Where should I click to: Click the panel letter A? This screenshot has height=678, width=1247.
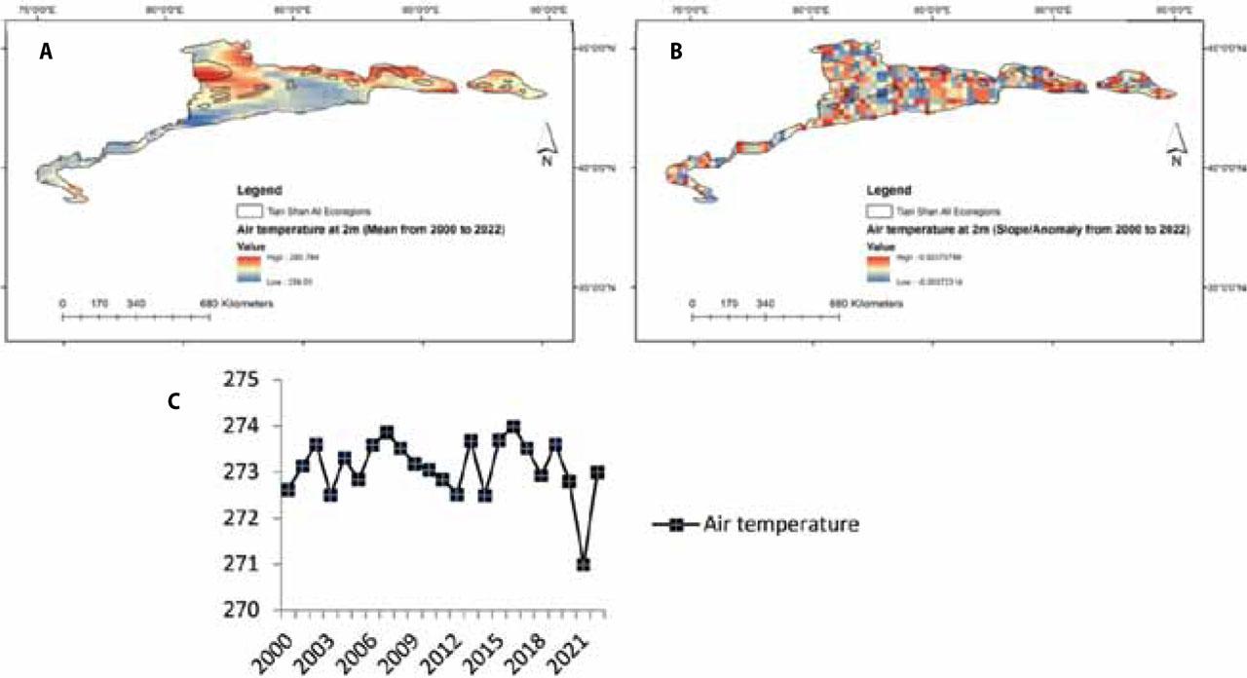pos(45,55)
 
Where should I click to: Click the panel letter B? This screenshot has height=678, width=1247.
pos(675,55)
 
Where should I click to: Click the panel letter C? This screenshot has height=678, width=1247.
pos(174,400)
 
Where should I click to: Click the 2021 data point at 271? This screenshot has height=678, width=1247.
pos(584,564)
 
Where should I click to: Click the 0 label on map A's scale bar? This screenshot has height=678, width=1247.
pos(63,304)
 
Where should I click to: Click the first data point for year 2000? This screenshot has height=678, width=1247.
pos(287,490)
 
